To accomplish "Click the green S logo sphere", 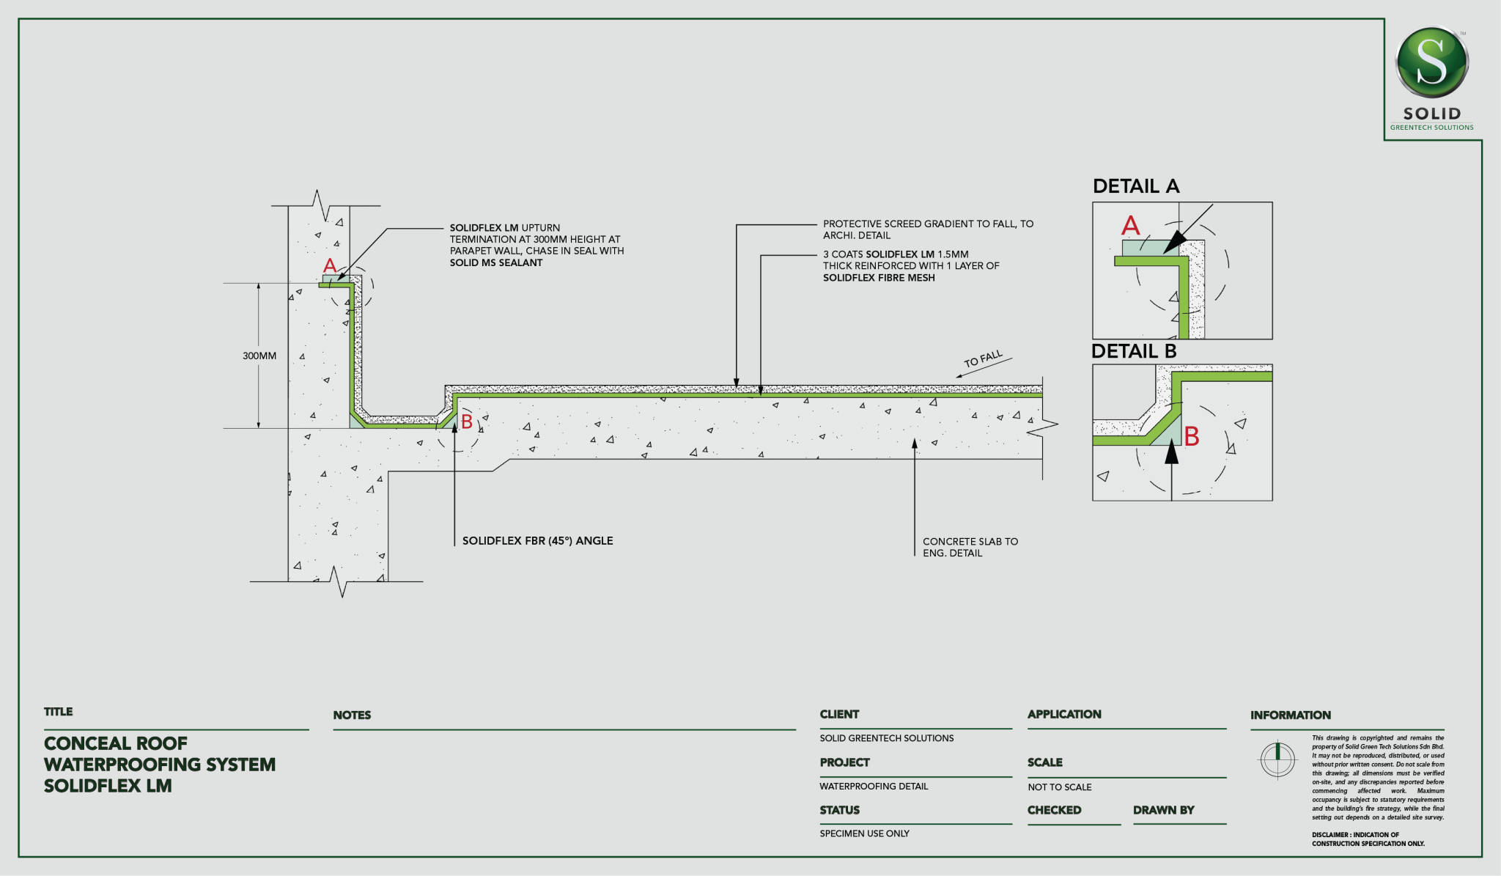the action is tap(1431, 63).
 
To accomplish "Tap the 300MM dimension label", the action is tap(259, 356).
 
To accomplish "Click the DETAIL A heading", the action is tap(1136, 186).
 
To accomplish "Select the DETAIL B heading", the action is tap(1134, 351).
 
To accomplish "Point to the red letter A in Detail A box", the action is tap(1131, 225).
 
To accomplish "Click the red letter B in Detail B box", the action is tap(1192, 437).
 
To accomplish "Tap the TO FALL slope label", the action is tap(983, 359).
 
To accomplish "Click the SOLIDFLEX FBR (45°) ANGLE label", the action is tap(537, 541).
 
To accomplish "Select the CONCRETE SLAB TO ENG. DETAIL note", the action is tap(970, 547).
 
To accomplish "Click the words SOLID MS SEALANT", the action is tap(496, 262).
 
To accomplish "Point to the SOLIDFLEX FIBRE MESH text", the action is tap(879, 278).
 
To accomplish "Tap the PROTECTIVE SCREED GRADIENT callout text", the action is tap(928, 229).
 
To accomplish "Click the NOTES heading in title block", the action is tap(352, 715).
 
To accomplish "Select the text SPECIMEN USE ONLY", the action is tap(864, 833).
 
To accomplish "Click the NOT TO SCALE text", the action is tap(1059, 787).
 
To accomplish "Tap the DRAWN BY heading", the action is tap(1163, 810).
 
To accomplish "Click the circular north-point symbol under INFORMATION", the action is tap(1277, 760).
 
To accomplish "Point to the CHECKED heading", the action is tap(1054, 810).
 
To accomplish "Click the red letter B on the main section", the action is tap(466, 422).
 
